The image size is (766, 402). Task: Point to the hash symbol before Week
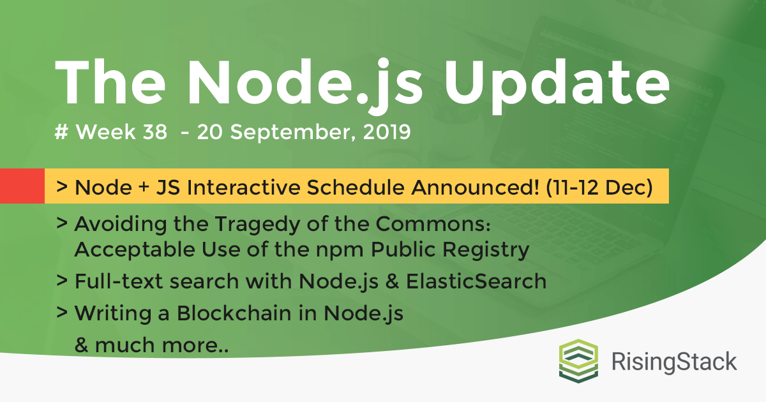click(x=62, y=133)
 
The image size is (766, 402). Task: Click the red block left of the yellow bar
click(x=22, y=186)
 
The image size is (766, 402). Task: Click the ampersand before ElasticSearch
click(x=398, y=281)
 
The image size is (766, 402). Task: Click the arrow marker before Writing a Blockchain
click(x=63, y=314)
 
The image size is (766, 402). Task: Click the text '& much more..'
click(x=151, y=346)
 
